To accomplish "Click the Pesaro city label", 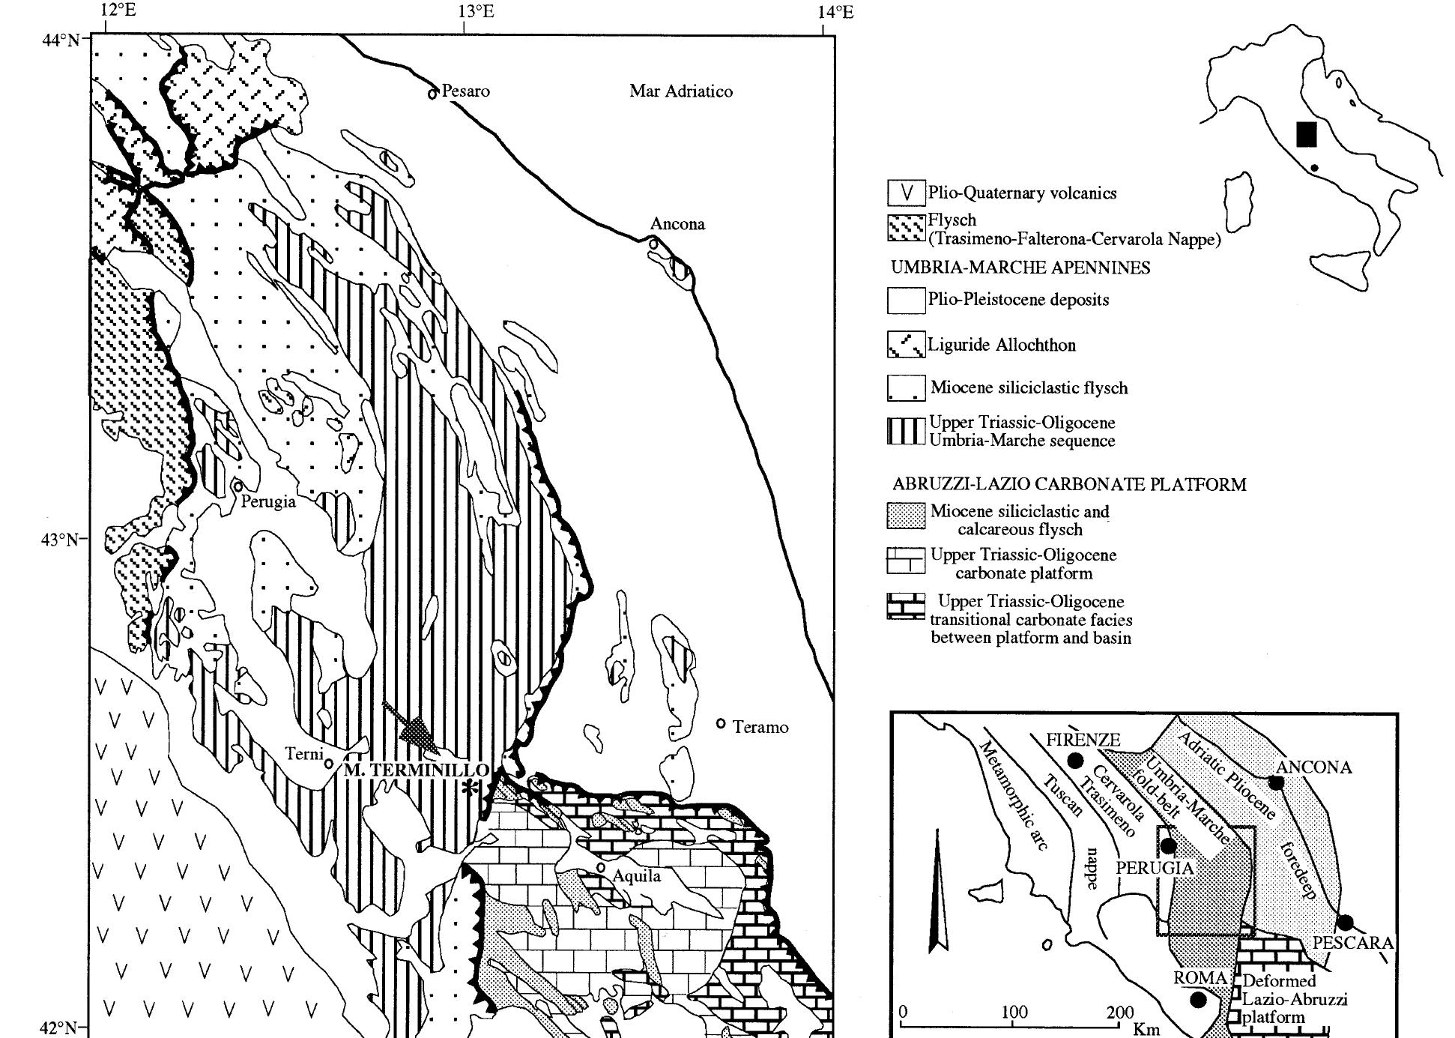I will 465,91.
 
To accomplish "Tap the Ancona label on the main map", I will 677,224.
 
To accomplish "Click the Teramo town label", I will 760,727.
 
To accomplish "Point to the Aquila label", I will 637,876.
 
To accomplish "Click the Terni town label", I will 303,754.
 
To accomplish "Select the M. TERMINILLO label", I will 416,770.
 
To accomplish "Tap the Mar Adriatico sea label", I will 680,91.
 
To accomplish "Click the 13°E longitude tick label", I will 476,11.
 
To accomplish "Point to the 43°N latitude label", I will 59,540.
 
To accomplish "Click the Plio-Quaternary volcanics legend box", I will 906,193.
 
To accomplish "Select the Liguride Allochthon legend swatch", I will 906,345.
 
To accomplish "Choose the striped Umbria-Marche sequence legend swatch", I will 906,432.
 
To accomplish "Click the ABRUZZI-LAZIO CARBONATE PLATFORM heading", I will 1069,485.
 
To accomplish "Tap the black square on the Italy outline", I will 1306,134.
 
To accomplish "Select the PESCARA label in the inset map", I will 1352,943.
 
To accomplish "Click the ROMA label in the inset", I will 1200,978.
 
